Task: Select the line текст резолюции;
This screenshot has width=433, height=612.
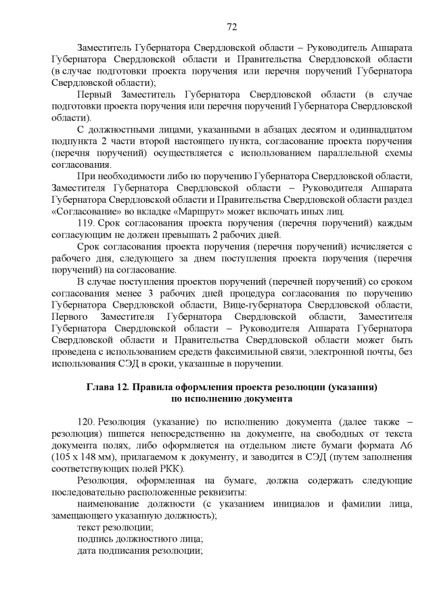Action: pos(115,527)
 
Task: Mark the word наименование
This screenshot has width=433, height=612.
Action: pos(112,504)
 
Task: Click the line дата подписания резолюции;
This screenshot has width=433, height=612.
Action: pos(140,550)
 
